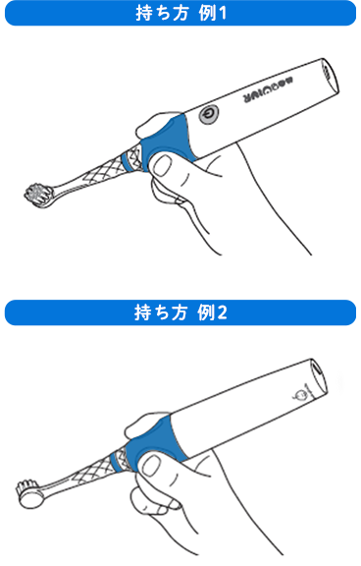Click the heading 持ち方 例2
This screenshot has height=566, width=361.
(x=180, y=313)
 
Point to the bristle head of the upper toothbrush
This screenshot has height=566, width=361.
(x=38, y=193)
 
